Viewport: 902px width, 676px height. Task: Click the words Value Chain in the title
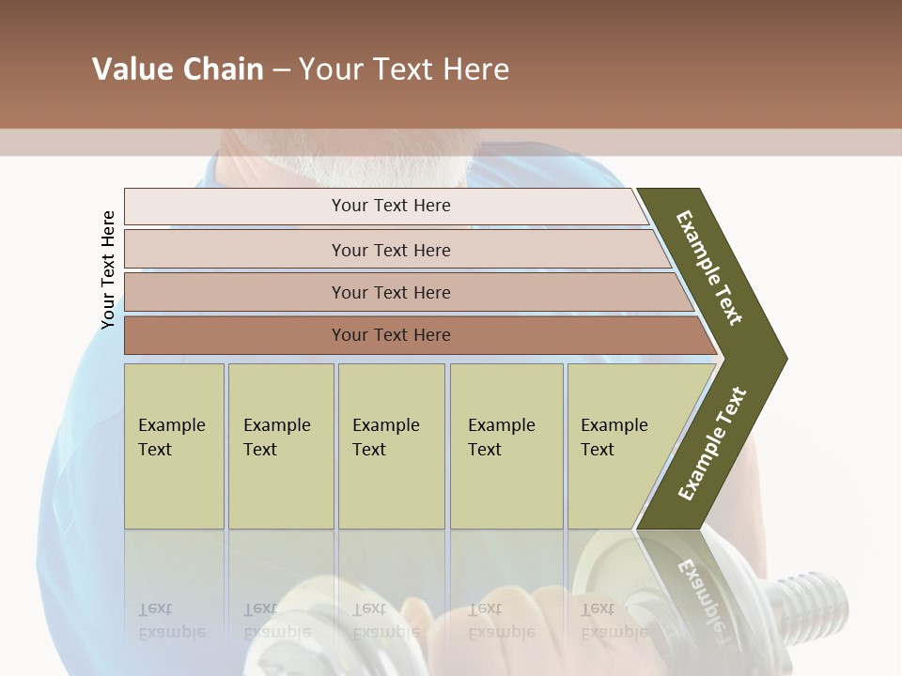pyautogui.click(x=178, y=69)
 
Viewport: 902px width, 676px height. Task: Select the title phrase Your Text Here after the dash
pyautogui.click(x=404, y=69)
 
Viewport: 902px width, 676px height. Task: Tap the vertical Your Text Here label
pyautogui.click(x=108, y=269)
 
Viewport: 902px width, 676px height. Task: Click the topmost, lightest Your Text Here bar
pyautogui.click(x=390, y=206)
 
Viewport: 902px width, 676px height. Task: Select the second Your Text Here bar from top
pyautogui.click(x=390, y=250)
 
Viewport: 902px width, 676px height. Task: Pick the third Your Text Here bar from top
pyautogui.click(x=390, y=292)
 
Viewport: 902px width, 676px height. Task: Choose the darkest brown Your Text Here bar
pyautogui.click(x=390, y=335)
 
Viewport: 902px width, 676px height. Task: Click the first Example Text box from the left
pyautogui.click(x=174, y=445)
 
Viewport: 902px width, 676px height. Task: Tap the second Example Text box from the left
pyautogui.click(x=280, y=445)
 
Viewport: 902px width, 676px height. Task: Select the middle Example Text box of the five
pyautogui.click(x=391, y=445)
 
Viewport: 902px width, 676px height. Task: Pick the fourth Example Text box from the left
pyautogui.click(x=505, y=445)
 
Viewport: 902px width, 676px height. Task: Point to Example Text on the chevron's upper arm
pyautogui.click(x=709, y=268)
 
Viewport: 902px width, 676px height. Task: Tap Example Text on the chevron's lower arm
pyautogui.click(x=711, y=444)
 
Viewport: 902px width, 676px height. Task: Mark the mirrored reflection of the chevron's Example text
pyautogui.click(x=700, y=591)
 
